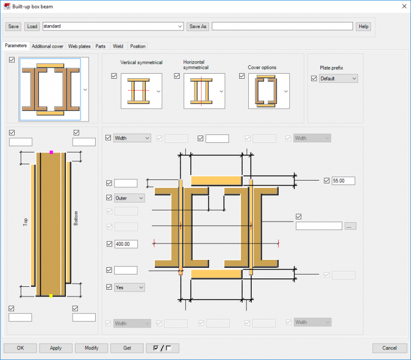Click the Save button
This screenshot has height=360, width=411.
point(14,26)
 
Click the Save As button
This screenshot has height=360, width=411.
point(198,26)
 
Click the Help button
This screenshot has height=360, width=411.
point(364,26)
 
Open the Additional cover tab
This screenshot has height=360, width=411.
point(47,46)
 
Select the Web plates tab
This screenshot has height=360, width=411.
point(79,46)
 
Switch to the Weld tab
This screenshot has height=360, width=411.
point(118,46)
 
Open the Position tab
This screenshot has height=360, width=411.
point(137,46)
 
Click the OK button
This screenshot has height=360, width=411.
point(20,348)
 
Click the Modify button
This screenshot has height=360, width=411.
point(91,348)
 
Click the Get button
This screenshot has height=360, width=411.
point(127,348)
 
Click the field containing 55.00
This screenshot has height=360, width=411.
point(343,181)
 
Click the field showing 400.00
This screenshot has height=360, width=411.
point(126,244)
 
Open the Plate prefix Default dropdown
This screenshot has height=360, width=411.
point(338,79)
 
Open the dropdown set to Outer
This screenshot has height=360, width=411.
point(129,198)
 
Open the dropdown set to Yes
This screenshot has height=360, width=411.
point(129,287)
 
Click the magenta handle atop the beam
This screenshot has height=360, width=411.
point(51,152)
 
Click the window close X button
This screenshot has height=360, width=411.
point(403,6)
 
